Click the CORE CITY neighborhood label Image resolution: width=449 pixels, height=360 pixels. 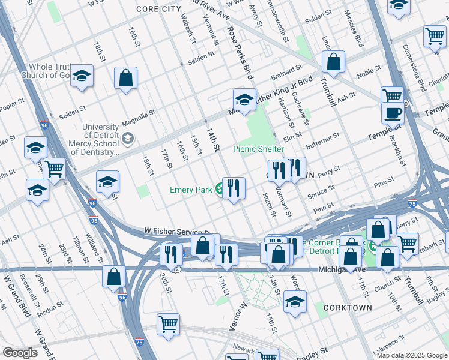(x=158, y=9)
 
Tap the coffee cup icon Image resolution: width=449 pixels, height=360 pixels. (x=393, y=113)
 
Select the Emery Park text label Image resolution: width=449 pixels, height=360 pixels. (x=190, y=190)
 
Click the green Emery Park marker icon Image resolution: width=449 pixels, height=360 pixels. (x=220, y=190)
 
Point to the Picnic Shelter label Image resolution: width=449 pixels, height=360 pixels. (x=258, y=149)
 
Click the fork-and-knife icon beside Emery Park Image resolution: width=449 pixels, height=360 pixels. (x=234, y=188)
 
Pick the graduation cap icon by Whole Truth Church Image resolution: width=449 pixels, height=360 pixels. (x=82, y=76)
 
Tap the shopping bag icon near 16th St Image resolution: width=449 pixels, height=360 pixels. (x=126, y=78)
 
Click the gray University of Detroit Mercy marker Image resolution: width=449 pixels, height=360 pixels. (x=127, y=139)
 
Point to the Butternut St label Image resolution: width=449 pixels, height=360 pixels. (x=323, y=142)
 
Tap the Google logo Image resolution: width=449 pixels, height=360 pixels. (x=20, y=353)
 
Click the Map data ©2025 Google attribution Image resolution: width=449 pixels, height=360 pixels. (x=412, y=355)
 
